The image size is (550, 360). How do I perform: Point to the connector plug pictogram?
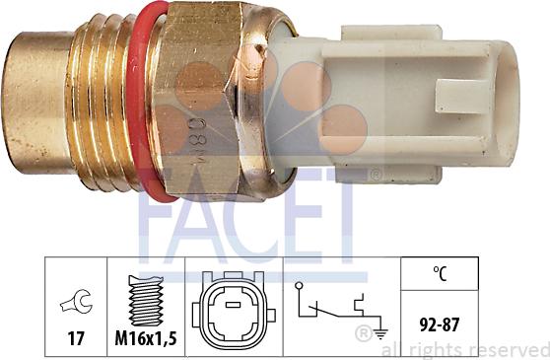234,306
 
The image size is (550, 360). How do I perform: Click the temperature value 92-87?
440,323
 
